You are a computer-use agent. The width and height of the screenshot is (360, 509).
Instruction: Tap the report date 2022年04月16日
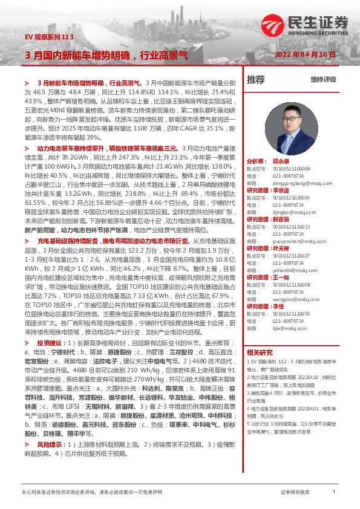click(310, 54)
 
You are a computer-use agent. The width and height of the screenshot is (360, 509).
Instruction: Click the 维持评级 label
click(323, 79)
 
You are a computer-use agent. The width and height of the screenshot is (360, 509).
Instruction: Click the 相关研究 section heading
click(261, 353)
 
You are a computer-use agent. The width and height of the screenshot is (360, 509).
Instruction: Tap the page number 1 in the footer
click(334, 493)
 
